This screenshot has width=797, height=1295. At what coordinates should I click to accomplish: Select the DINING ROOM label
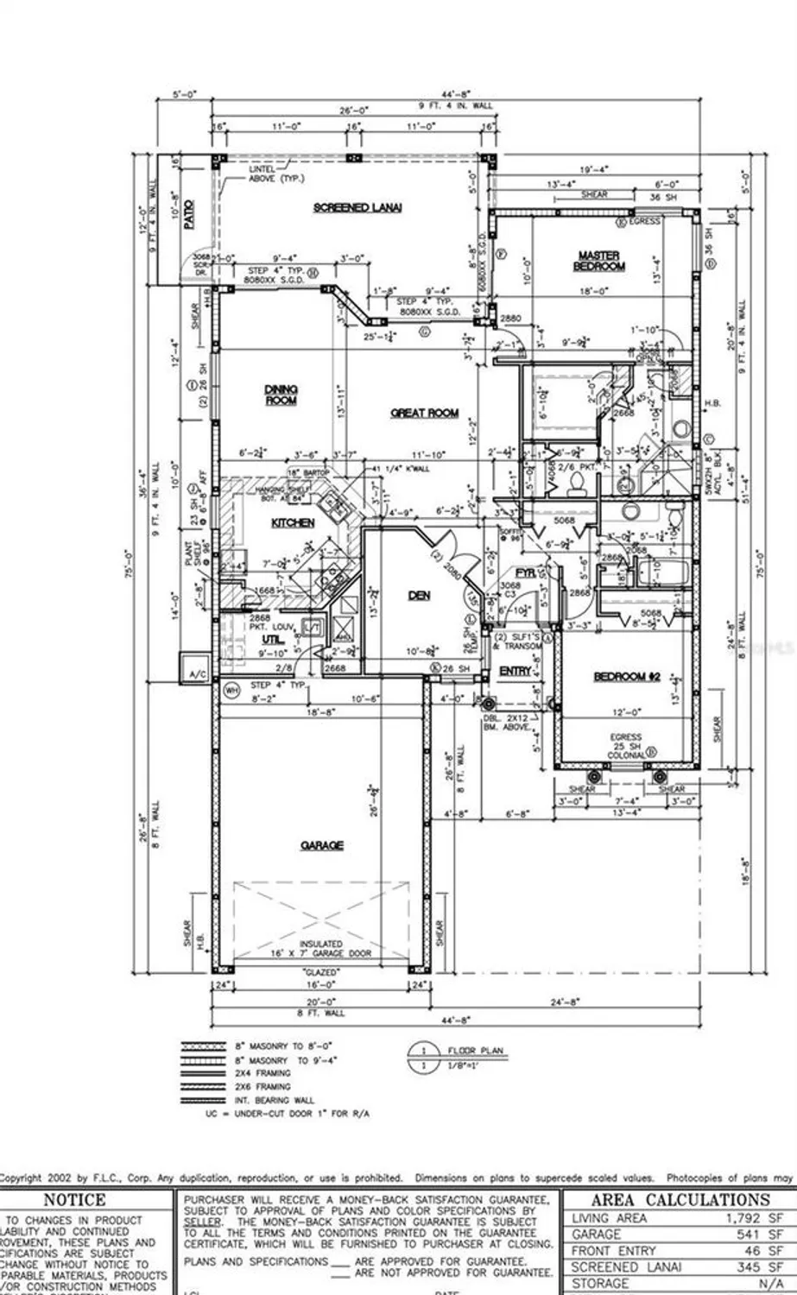coord(281,395)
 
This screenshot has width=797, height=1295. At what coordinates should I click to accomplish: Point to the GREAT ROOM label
coord(424,414)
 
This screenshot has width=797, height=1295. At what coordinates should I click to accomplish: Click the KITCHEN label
coord(293,523)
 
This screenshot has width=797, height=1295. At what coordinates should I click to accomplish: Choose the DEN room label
coord(419,596)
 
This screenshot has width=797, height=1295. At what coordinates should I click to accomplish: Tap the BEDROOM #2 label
coord(627,677)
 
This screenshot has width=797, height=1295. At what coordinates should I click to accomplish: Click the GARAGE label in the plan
coord(321,845)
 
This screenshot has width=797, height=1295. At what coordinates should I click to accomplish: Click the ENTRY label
coord(516,671)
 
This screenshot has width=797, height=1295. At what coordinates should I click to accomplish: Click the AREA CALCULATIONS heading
coord(680,1200)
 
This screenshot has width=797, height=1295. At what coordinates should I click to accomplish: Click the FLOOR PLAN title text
coord(475,1051)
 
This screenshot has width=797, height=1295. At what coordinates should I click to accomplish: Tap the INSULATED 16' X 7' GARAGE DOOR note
coord(321,950)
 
